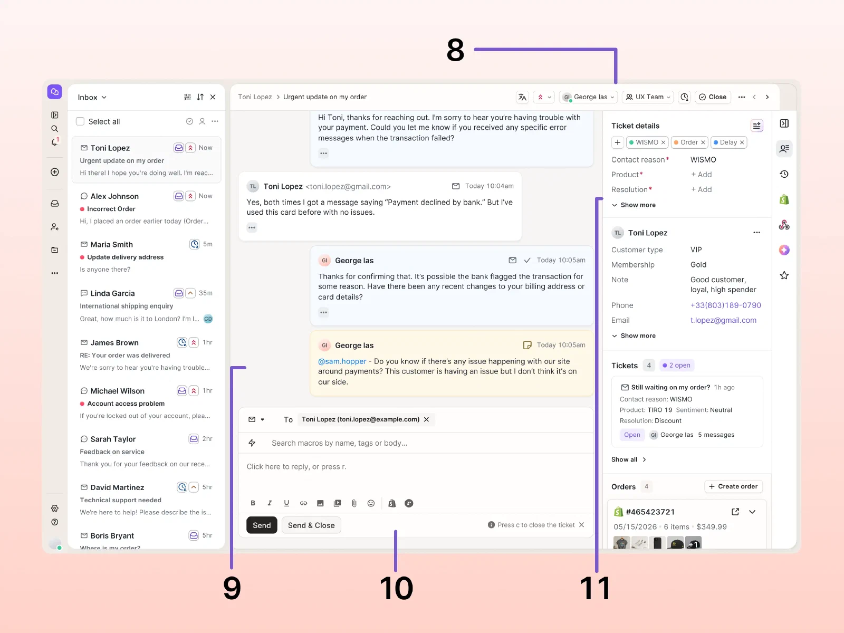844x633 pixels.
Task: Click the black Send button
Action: pyautogui.click(x=262, y=525)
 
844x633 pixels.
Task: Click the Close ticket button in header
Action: pyautogui.click(x=713, y=97)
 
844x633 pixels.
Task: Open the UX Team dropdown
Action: pyautogui.click(x=648, y=97)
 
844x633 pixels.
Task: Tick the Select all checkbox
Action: pyautogui.click(x=80, y=121)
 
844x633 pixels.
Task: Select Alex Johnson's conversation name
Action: pyautogui.click(x=114, y=196)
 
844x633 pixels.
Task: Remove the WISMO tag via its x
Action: pyautogui.click(x=663, y=142)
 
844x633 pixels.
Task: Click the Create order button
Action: pyautogui.click(x=733, y=486)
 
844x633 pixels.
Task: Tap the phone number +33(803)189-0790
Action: pyautogui.click(x=725, y=305)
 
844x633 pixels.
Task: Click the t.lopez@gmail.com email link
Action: pyautogui.click(x=723, y=320)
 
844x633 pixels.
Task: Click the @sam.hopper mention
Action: pyautogui.click(x=342, y=361)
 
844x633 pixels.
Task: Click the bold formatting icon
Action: pyautogui.click(x=253, y=503)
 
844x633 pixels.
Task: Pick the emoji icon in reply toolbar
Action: pyautogui.click(x=371, y=503)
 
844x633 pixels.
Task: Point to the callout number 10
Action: pyautogui.click(x=396, y=588)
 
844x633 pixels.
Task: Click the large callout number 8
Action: pyautogui.click(x=455, y=50)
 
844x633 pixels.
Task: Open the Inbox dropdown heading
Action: pyautogui.click(x=92, y=97)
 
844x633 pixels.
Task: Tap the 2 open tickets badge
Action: pyautogui.click(x=676, y=365)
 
